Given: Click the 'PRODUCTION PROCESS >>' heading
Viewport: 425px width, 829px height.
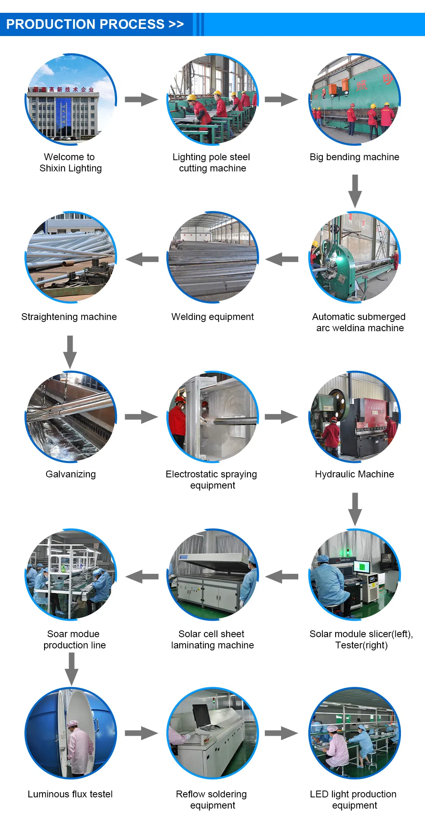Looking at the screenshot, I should tap(95, 24).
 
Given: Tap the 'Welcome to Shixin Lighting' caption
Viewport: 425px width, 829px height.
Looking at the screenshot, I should tap(71, 163).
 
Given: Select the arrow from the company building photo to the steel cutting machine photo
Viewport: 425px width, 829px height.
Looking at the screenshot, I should tap(141, 99).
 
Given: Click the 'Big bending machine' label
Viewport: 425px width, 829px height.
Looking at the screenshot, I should tap(354, 157).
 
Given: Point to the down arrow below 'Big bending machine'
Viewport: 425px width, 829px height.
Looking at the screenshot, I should tap(355, 191).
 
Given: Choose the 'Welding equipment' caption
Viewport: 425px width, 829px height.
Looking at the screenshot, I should tap(212, 317).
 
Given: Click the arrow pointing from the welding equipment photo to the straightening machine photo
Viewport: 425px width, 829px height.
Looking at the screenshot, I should tap(142, 260).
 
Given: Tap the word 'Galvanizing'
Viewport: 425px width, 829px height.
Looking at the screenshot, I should tap(71, 474).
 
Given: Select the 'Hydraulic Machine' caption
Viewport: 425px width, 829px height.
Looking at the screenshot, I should tap(354, 474).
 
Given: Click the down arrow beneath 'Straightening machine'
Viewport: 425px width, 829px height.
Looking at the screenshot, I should tap(70, 352).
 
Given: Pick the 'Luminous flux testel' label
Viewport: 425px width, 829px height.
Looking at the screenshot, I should tap(70, 794).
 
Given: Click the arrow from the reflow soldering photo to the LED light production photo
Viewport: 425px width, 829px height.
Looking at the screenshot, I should tap(281, 733).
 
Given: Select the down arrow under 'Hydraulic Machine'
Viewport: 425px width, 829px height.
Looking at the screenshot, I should tap(355, 509).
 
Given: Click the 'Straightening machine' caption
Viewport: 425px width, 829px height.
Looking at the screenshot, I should tap(69, 317).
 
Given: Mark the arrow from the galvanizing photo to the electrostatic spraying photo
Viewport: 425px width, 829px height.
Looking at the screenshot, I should tap(141, 417).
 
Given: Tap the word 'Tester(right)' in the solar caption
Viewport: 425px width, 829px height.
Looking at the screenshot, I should tap(361, 645).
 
